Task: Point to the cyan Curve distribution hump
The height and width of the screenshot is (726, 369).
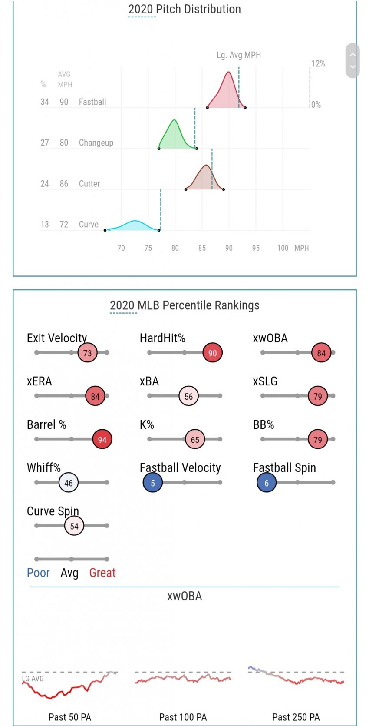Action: [135, 225]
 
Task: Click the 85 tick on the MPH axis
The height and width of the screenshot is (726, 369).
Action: [202, 248]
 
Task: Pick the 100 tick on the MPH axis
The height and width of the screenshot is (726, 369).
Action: [283, 248]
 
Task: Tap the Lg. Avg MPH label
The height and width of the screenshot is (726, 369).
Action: [239, 55]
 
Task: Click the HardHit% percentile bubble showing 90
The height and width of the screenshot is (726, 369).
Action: [212, 353]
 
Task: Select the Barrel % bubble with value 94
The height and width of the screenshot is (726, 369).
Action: [102, 439]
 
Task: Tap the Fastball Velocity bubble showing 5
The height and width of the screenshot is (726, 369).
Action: [153, 483]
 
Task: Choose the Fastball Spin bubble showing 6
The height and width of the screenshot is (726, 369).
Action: [267, 483]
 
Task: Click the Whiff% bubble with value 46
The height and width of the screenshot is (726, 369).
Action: [69, 483]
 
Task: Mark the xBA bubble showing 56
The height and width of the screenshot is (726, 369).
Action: [188, 396]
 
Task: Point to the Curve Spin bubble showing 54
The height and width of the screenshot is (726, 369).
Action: [74, 526]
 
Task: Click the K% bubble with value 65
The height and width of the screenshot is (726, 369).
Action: [195, 439]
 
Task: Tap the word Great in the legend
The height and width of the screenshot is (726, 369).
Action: [102, 573]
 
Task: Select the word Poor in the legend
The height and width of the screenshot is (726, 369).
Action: [38, 573]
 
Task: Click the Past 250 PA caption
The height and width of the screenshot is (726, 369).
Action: [296, 717]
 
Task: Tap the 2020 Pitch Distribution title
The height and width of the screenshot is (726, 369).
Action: [184, 9]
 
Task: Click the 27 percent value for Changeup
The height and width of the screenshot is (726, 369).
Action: [45, 143]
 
